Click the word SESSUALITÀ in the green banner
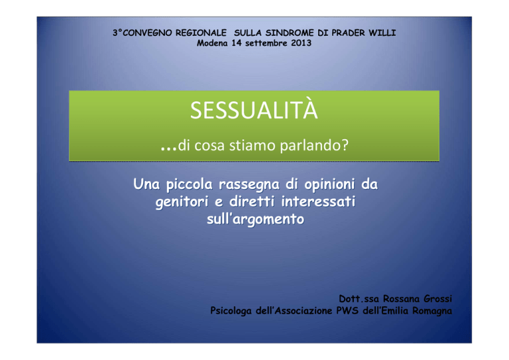pyautogui.click(x=254, y=109)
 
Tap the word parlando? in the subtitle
pyautogui.click(x=314, y=145)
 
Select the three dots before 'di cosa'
pyautogui.click(x=168, y=149)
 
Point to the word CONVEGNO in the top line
pyautogui.click(x=147, y=32)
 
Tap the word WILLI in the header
pyautogui.click(x=382, y=32)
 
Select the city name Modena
pyautogui.click(x=212, y=43)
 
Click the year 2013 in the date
pyautogui.click(x=302, y=43)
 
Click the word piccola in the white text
pyautogui.click(x=190, y=185)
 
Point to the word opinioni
pyautogui.click(x=329, y=185)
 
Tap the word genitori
pyautogui.click(x=182, y=202)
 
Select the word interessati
pyautogui.click(x=318, y=202)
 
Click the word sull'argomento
pyautogui.click(x=255, y=219)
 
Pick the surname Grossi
pyautogui.click(x=437, y=298)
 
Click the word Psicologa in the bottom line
pyautogui.click(x=231, y=311)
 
